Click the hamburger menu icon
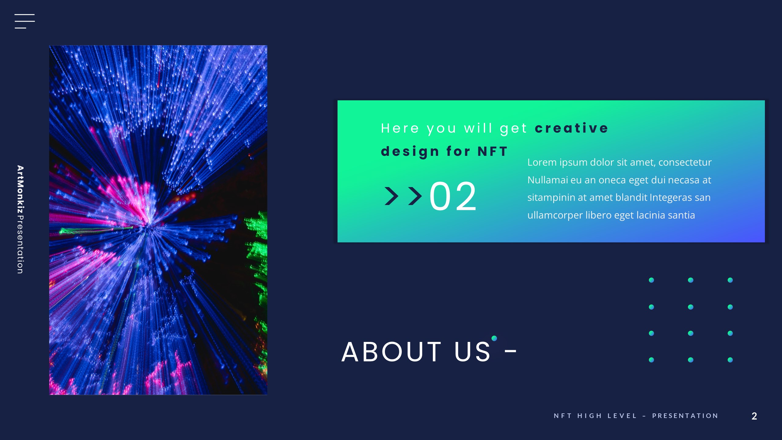[x=24, y=21]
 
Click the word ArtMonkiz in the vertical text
[x=20, y=189]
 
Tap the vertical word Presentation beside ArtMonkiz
[x=20, y=244]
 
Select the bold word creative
[x=572, y=128]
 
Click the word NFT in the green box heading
[x=492, y=151]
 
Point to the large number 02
[x=453, y=196]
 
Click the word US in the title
[x=472, y=352]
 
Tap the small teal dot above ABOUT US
[x=494, y=338]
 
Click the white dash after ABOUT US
[x=510, y=351]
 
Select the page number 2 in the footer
[x=754, y=416]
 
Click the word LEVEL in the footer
[x=622, y=416]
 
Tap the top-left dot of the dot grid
[x=651, y=280]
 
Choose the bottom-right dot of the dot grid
[x=730, y=360]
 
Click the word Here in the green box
[x=400, y=128]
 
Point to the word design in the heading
[x=410, y=152]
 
